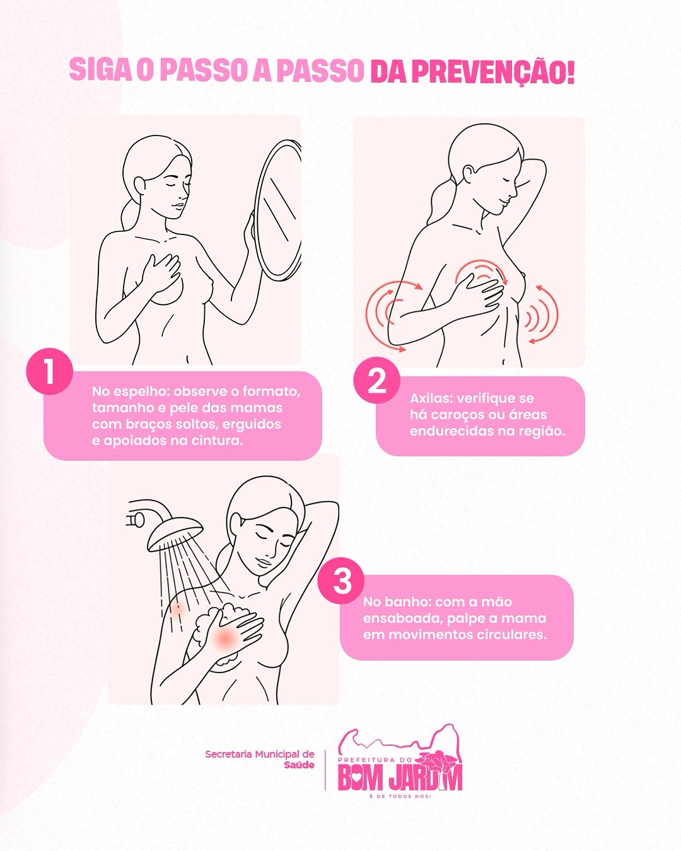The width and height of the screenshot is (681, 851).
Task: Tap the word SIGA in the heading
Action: point(101,70)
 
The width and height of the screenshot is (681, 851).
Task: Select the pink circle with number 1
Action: point(49,371)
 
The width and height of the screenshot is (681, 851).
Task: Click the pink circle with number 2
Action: point(376,380)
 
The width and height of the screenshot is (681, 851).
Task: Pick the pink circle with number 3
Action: point(342,581)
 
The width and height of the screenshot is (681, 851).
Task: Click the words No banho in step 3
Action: point(398,602)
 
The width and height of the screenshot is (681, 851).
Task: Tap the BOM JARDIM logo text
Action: point(400,779)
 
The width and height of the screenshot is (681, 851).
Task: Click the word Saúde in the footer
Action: point(299,765)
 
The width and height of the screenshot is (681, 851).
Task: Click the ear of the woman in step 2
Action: point(469,175)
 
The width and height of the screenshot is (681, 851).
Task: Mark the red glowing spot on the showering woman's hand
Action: point(224,637)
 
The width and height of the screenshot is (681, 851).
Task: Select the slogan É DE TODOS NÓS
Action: point(400,796)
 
